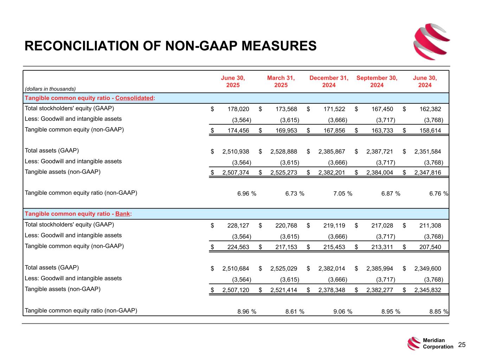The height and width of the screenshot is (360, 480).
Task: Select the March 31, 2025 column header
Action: (281, 82)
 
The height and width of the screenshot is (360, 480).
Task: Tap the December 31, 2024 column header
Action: (329, 82)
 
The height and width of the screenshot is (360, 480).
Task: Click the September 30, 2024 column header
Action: (377, 82)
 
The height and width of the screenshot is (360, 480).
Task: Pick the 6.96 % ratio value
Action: (247, 194)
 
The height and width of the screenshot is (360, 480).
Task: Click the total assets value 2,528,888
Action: (283, 152)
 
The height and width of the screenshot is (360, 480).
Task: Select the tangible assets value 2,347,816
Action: (427, 173)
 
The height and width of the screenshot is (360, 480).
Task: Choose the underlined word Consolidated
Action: (134, 98)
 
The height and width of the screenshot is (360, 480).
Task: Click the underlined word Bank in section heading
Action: (123, 214)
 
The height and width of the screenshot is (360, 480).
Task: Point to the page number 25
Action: (462, 345)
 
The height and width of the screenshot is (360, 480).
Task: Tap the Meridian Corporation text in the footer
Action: (438, 343)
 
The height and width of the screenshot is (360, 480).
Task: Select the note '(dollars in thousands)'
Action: (50, 89)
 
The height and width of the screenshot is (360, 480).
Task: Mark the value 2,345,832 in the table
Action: (427, 290)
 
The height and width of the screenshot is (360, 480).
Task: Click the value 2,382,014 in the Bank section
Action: (332, 269)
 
